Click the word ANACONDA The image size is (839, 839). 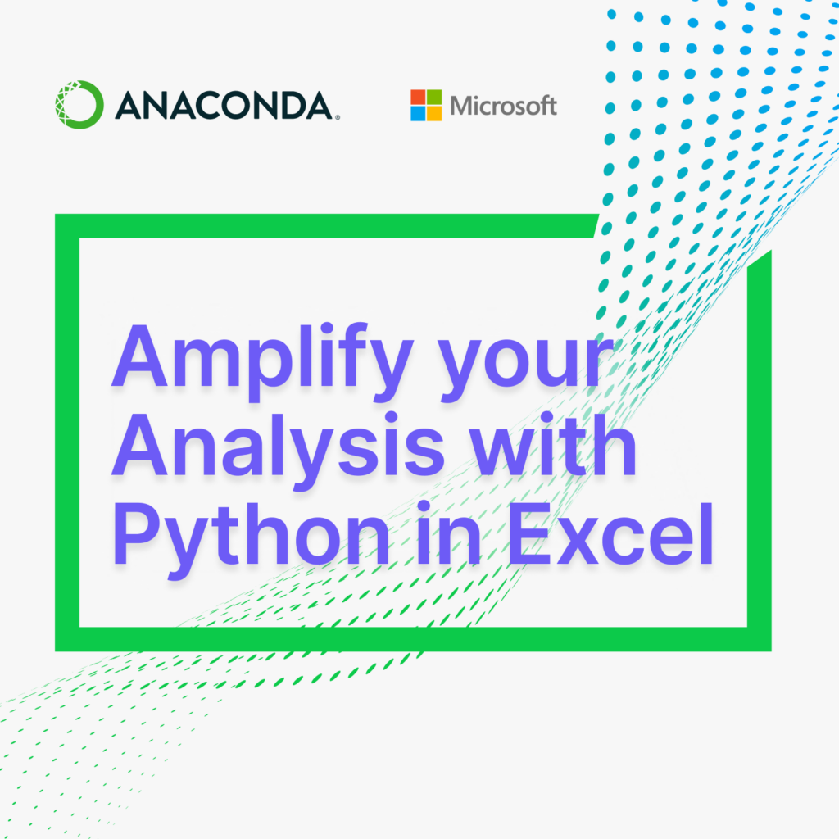coord(224,105)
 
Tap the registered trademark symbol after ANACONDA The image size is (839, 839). coord(337,117)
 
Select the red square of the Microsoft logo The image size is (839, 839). coord(418,97)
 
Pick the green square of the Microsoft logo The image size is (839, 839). coord(434,97)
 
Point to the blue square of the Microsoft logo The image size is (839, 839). coord(418,113)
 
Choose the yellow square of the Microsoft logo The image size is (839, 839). coord(434,113)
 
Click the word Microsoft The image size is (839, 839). coord(504,106)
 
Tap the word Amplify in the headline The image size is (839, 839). coord(262,362)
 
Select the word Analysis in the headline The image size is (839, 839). coord(278,451)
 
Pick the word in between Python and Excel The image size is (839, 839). coord(448,533)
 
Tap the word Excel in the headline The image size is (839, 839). coord(610,533)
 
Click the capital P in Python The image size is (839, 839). coord(136,533)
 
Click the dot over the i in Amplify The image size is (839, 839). coord(327,329)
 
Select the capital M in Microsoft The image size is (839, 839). coord(462,106)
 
